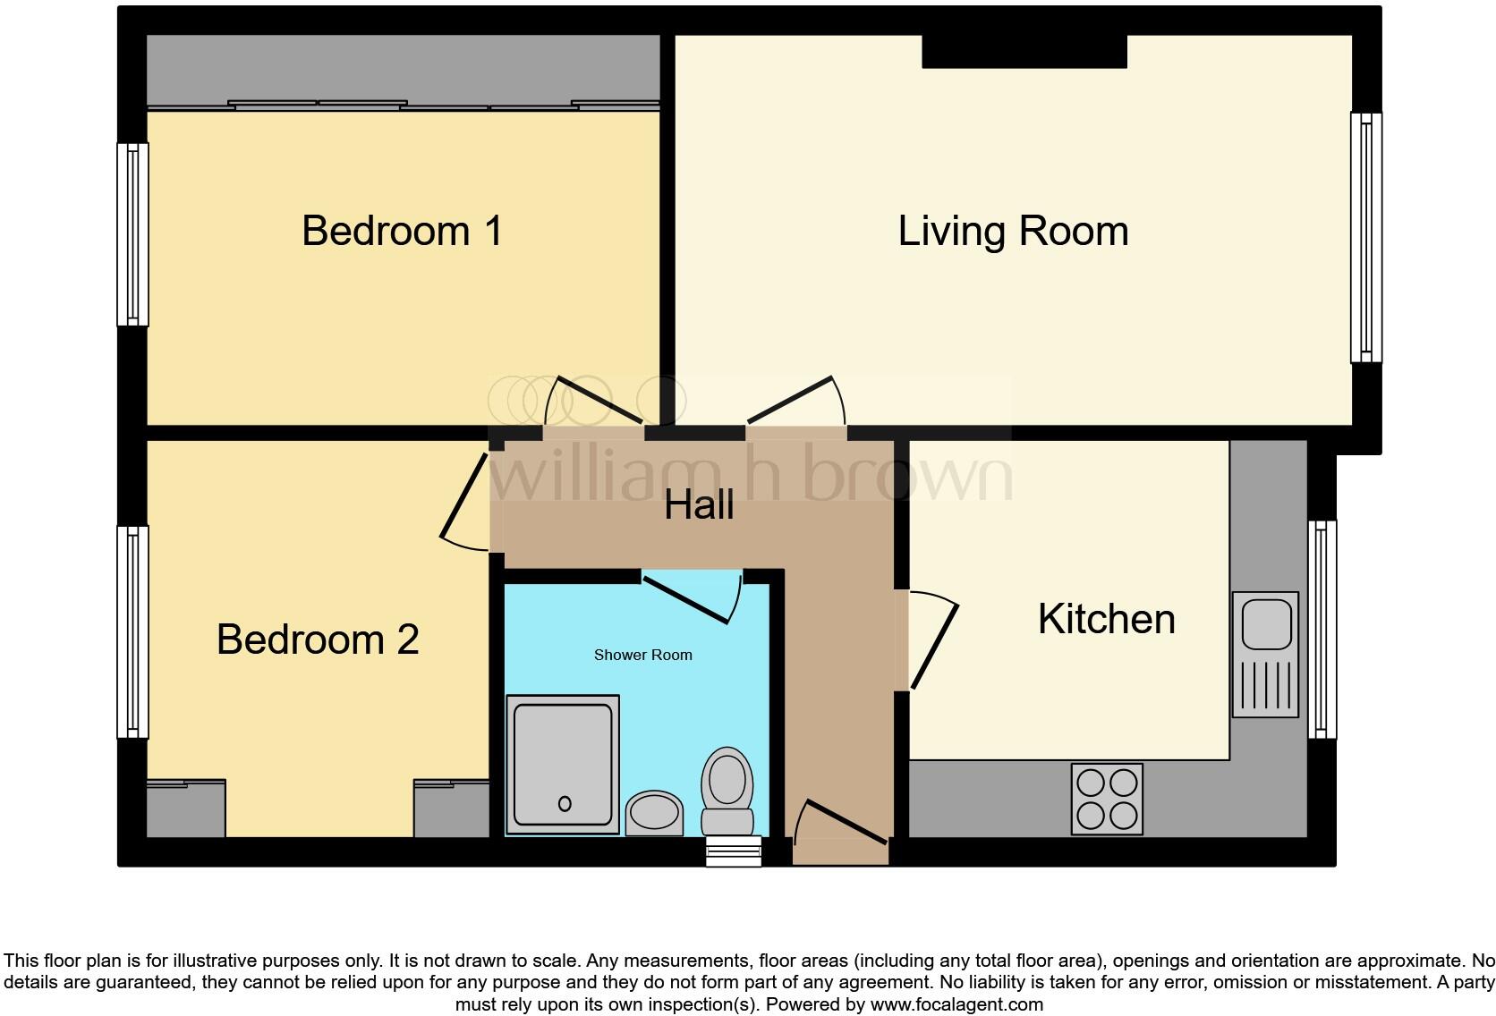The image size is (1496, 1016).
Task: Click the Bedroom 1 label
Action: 402,231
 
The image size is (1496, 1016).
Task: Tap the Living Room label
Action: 1013,231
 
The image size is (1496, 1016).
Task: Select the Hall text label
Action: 699,505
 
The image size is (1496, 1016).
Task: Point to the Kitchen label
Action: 1106,619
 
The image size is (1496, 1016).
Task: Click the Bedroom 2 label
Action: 318,639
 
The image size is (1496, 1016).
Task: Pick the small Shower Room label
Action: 642,655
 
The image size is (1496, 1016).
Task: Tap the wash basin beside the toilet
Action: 654,813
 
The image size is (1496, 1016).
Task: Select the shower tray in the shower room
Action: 563,765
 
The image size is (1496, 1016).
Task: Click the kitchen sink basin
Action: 1266,624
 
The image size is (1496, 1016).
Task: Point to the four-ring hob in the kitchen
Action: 1107,799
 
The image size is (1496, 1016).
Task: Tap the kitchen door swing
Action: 933,641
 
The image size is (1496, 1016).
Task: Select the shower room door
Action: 690,597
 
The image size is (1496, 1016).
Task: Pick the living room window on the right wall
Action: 1365,237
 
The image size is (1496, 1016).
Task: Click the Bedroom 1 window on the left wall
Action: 132,234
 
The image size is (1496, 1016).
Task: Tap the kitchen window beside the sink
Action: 1322,629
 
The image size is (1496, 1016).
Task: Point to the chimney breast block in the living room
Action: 1024,51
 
